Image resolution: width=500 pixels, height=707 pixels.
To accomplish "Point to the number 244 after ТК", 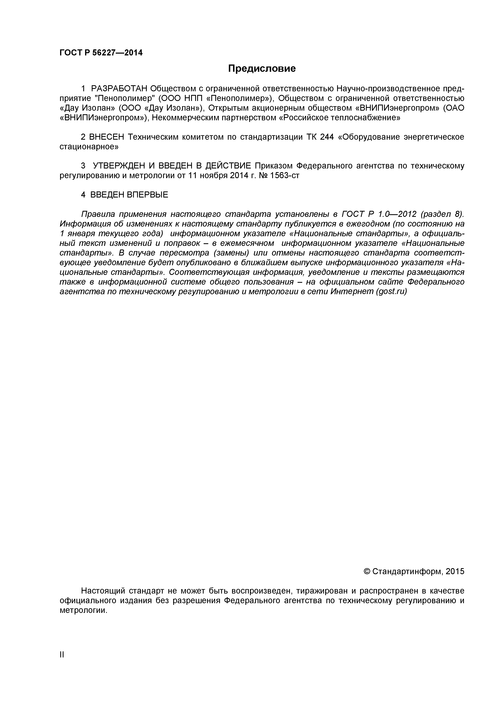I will click(327, 137).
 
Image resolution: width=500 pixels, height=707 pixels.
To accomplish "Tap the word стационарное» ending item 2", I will click(89, 147).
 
